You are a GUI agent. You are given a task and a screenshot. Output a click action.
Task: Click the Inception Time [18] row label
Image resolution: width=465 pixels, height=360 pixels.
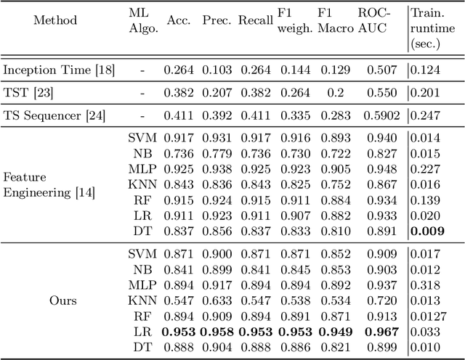click(49, 70)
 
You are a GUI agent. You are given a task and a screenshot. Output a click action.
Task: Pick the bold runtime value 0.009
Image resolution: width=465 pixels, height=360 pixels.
click(428, 232)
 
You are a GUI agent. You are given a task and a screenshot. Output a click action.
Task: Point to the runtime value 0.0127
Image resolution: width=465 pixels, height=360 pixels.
click(429, 316)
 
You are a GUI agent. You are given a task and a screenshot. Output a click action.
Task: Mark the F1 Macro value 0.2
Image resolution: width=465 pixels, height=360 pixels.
click(332, 93)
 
